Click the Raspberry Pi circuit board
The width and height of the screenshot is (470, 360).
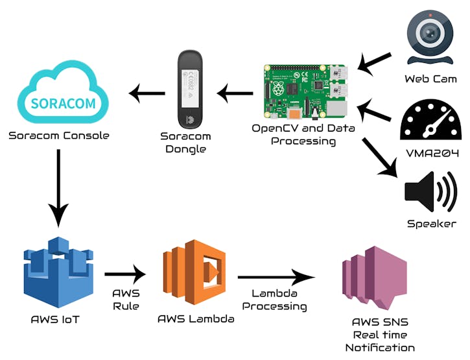[x=303, y=90]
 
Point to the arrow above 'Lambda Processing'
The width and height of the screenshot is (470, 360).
[x=276, y=278]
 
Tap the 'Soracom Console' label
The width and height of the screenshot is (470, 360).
[x=59, y=136]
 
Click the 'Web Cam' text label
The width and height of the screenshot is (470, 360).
[x=430, y=79]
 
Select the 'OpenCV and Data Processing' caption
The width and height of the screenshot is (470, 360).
[x=303, y=134]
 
